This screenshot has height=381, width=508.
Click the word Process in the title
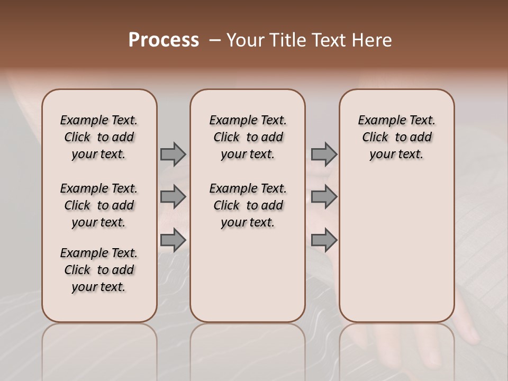164,40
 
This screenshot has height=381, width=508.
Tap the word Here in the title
373,40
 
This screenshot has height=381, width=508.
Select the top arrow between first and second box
173,154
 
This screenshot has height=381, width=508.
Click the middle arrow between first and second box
173,197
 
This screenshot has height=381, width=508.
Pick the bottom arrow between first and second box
173,240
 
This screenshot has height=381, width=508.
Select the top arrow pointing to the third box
324,154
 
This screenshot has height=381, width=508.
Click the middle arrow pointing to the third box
324,197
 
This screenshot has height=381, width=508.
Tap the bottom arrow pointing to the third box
324,240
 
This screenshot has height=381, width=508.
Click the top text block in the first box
99,137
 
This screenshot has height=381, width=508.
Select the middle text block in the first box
99,205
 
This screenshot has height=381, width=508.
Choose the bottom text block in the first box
99,270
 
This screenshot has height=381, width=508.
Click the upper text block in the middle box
248,137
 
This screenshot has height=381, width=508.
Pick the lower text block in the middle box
248,205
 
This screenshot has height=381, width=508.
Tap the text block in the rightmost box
396,137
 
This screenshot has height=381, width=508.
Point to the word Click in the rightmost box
375,138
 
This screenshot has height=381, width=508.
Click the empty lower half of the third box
396,254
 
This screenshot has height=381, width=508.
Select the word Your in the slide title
244,40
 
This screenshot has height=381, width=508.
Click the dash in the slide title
215,40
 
